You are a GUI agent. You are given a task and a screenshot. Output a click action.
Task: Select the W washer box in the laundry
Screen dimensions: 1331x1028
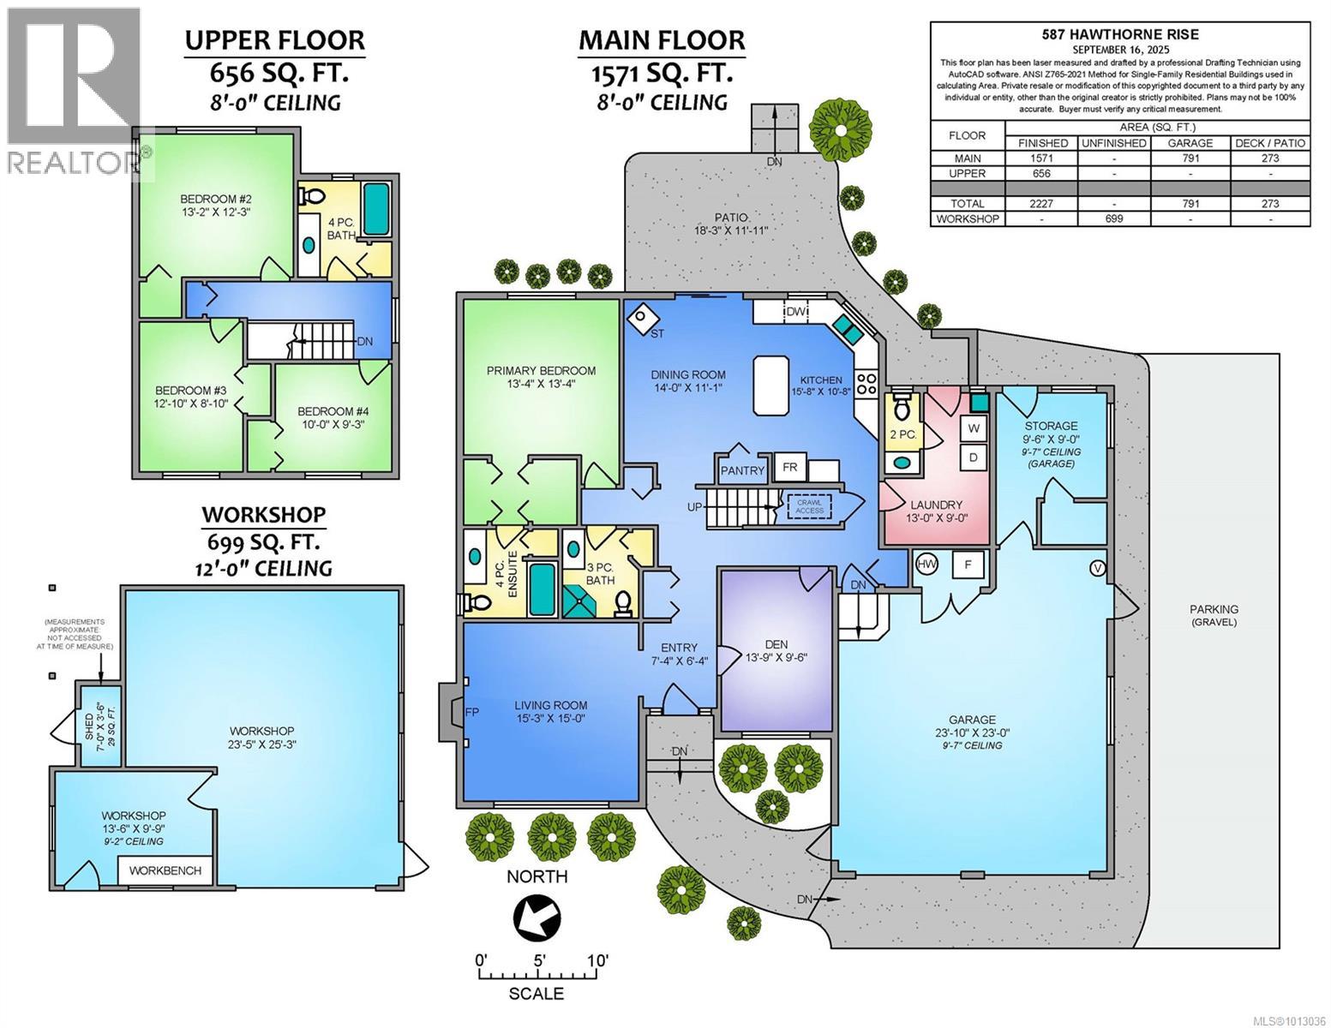(x=974, y=428)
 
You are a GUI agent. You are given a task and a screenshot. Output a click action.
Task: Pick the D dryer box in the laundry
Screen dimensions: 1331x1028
(x=974, y=457)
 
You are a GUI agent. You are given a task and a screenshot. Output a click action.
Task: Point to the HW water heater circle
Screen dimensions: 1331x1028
(x=926, y=564)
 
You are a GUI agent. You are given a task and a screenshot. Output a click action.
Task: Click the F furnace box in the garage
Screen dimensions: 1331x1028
(x=968, y=564)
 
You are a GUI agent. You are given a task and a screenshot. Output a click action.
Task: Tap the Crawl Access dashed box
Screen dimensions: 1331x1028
(x=809, y=506)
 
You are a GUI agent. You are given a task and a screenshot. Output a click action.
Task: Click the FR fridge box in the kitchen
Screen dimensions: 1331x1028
(x=789, y=467)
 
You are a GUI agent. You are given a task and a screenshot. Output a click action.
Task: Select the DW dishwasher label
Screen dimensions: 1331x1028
(x=795, y=312)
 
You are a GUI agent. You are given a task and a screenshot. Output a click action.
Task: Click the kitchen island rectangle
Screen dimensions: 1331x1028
(x=770, y=385)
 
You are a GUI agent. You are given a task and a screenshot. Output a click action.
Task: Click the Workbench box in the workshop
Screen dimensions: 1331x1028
(x=165, y=870)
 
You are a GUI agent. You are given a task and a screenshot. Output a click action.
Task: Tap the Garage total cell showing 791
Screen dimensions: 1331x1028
(x=1190, y=203)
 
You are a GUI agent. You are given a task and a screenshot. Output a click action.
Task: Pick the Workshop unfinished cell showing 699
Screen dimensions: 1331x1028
(x=1113, y=218)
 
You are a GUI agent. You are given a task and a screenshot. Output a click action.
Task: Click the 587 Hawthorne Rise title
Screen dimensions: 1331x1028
(x=1120, y=34)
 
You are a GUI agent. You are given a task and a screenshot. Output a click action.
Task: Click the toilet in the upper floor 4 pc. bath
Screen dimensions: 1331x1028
(x=312, y=196)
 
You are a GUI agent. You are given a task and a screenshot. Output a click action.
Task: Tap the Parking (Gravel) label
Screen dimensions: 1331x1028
(x=1214, y=615)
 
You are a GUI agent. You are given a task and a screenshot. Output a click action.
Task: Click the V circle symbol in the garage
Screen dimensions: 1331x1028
(x=1098, y=569)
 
